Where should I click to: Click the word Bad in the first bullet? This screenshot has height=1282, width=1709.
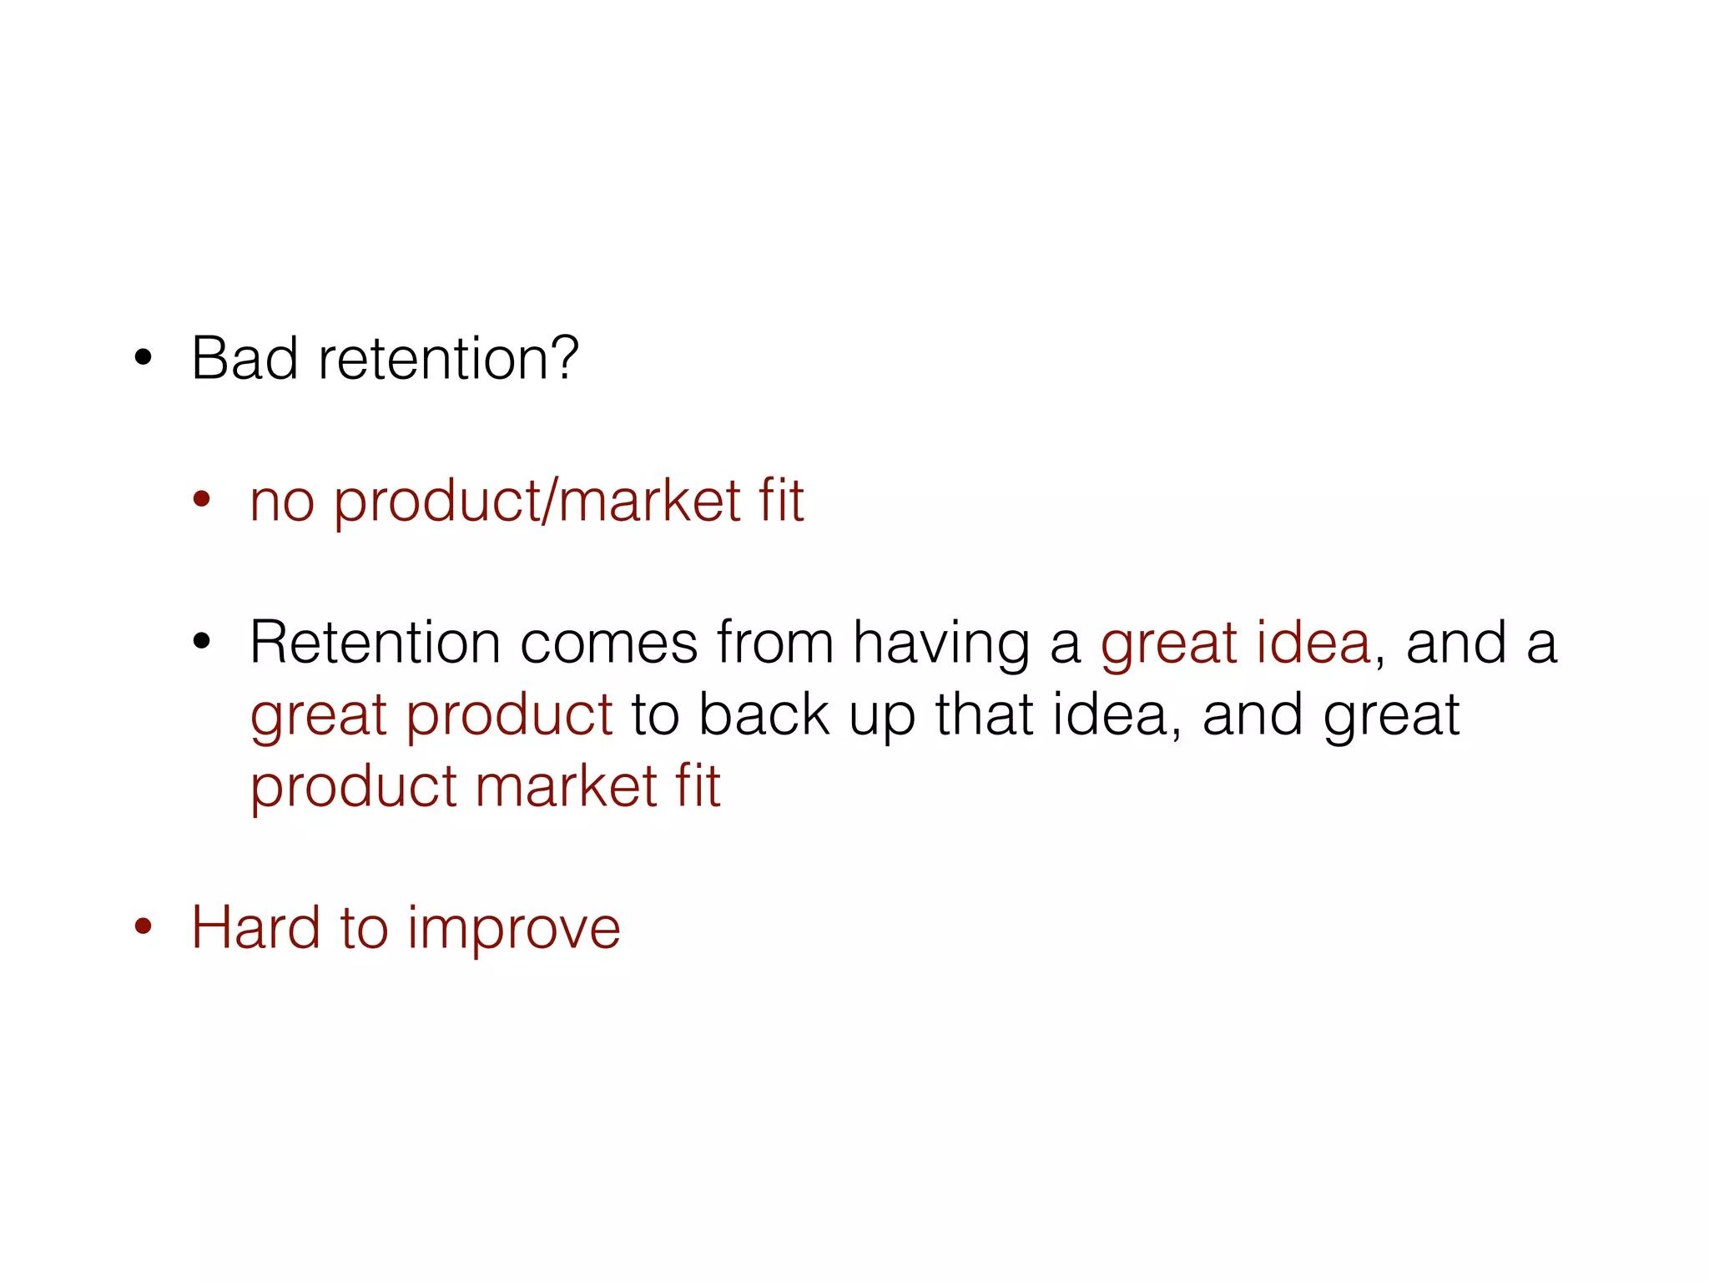244,359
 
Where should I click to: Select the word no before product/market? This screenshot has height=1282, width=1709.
282,502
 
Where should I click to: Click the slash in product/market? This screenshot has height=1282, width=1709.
548,502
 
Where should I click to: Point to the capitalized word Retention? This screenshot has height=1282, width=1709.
375,644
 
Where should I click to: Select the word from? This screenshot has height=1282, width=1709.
775,644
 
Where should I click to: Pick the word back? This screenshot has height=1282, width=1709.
764,715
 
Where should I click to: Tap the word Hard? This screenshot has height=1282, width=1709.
255,928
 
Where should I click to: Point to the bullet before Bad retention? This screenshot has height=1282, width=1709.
144,358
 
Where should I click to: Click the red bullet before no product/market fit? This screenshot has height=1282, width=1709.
201,500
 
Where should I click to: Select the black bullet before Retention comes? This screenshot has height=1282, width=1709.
201,642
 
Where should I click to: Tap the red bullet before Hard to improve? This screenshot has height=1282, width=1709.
144,926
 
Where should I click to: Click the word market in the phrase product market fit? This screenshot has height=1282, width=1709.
567,787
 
